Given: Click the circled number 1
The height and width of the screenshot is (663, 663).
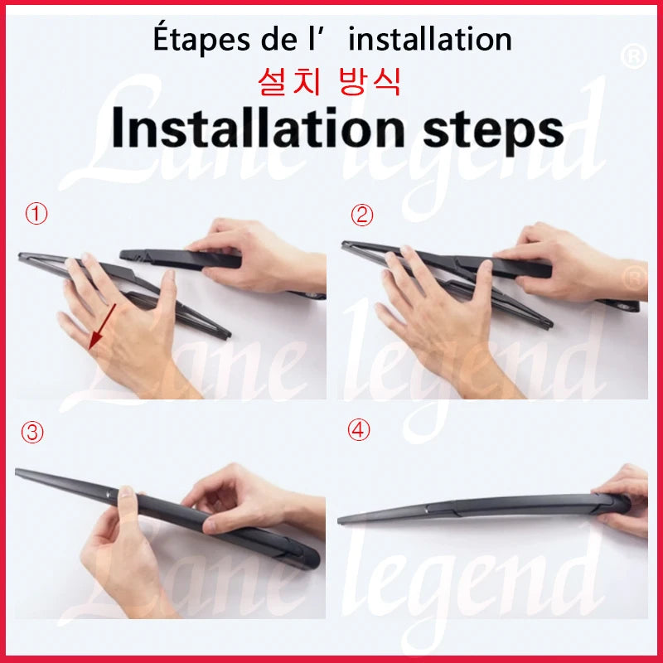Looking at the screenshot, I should (36, 215).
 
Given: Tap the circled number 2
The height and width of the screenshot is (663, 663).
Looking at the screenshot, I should (362, 215).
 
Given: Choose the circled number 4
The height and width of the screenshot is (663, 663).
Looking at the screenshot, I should (359, 433).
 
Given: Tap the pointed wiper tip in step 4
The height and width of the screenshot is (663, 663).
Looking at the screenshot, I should (342, 519).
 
